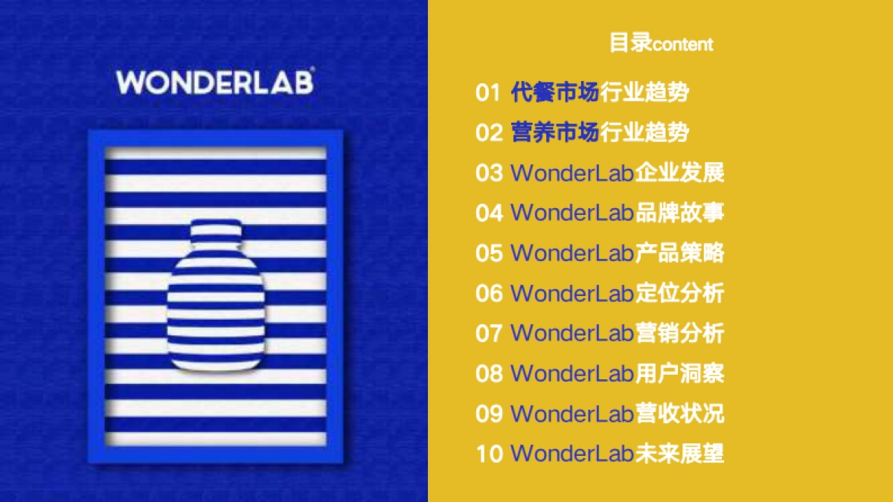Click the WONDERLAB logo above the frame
click(215, 82)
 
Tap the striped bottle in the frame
click(216, 297)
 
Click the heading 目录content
click(661, 43)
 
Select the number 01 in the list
click(488, 93)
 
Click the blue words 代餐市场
click(555, 93)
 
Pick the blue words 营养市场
click(555, 133)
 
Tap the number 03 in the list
click(489, 173)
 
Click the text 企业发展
click(679, 173)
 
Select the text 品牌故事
click(679, 213)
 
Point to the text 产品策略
click(679, 253)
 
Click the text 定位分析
click(679, 293)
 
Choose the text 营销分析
click(679, 333)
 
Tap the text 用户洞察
click(679, 373)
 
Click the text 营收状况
click(679, 413)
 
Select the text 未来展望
click(679, 453)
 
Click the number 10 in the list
click(489, 453)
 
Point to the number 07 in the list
click(489, 333)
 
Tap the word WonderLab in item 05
click(572, 253)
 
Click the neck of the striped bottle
click(216, 232)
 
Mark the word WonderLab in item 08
click(572, 373)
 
